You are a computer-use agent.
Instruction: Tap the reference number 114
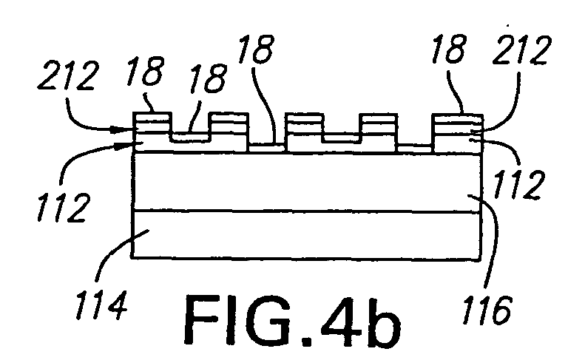click(x=101, y=305)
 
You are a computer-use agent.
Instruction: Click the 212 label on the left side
click(x=68, y=76)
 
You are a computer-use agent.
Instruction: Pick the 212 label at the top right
click(x=522, y=50)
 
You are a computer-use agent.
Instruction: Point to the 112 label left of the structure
click(x=62, y=207)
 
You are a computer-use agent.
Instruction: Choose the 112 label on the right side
click(x=519, y=185)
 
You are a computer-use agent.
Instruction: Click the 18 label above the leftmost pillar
click(x=145, y=71)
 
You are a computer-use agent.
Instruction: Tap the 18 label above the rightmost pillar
click(x=448, y=49)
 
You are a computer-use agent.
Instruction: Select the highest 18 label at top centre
click(x=257, y=50)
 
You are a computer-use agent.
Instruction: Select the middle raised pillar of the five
click(x=304, y=132)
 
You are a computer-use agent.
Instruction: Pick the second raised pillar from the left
click(x=229, y=132)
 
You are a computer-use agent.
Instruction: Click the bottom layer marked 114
click(x=306, y=234)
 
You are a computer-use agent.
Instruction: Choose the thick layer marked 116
click(x=306, y=182)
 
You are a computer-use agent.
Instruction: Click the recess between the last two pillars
click(x=415, y=149)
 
